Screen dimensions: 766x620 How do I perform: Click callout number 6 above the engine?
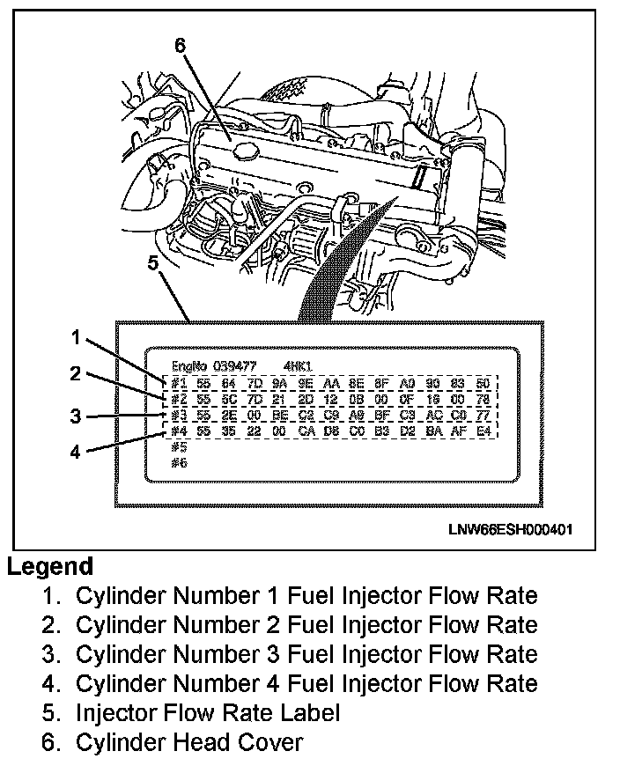click(x=180, y=47)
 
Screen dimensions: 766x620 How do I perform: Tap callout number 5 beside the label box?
click(x=152, y=263)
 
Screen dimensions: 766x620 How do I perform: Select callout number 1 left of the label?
click(x=77, y=337)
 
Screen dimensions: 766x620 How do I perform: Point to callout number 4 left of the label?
click(x=76, y=452)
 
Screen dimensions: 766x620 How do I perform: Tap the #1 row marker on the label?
click(x=180, y=383)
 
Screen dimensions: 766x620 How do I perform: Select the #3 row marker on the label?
click(x=180, y=415)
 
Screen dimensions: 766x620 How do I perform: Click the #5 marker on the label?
click(x=180, y=446)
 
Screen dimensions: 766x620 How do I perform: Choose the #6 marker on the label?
click(x=180, y=462)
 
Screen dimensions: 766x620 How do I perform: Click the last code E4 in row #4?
click(x=483, y=431)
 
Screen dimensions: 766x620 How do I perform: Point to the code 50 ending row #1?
click(x=483, y=383)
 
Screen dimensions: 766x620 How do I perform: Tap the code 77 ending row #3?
click(x=483, y=415)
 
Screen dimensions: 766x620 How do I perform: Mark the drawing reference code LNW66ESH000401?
click(x=511, y=529)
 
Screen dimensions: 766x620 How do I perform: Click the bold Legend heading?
click(x=50, y=567)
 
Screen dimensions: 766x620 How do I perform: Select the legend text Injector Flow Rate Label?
click(x=208, y=712)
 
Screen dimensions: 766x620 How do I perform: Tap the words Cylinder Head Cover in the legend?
click(x=189, y=742)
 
